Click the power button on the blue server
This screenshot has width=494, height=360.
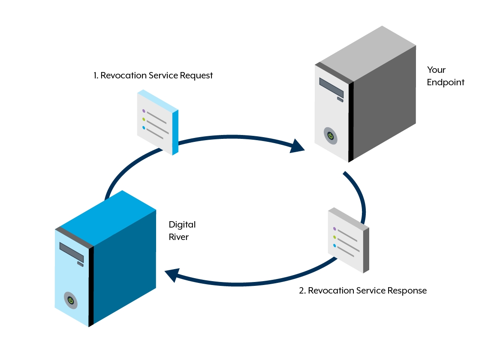coord(71,300)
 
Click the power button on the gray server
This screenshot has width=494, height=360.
coord(330,136)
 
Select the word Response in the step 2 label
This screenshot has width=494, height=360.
coord(407,291)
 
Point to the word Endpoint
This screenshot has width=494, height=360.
coord(446,82)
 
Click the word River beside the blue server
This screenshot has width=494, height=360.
coord(178,237)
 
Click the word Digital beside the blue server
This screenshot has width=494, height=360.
coord(182,225)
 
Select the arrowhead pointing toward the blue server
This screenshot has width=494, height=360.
coord(172,275)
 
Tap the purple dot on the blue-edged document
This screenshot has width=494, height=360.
coord(144,111)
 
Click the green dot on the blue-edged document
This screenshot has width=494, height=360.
coord(144,119)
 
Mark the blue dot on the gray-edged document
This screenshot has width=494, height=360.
coord(334,246)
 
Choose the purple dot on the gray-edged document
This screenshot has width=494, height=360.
coord(334,229)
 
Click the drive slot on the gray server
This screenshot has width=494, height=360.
coord(331,87)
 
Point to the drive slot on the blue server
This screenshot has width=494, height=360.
coord(71,252)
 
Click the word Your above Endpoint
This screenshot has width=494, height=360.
coord(436,70)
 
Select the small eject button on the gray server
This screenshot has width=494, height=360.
coord(340,99)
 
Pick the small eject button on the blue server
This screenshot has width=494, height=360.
coord(80,264)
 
